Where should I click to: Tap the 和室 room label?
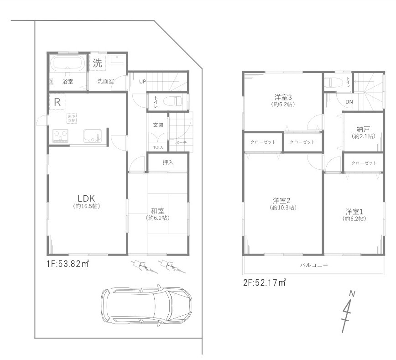click(x=158, y=211)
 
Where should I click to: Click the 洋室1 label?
click(x=354, y=212)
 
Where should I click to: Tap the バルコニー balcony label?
click(x=314, y=265)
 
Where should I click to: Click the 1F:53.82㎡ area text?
click(x=68, y=263)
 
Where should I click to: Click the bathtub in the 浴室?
click(x=67, y=63)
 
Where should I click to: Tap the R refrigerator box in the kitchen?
click(x=57, y=102)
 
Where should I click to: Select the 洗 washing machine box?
click(x=98, y=63)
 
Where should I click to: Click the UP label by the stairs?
click(x=143, y=82)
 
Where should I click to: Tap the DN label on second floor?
click(x=349, y=102)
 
